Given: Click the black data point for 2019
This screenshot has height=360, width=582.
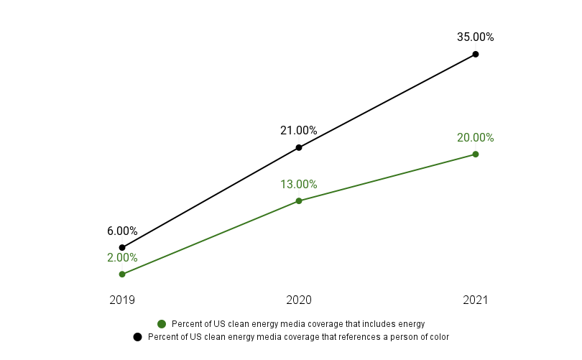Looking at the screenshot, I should [x=122, y=247].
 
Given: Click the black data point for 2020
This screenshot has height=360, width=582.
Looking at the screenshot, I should [x=299, y=147].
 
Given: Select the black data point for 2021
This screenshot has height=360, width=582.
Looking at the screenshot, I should [x=476, y=54].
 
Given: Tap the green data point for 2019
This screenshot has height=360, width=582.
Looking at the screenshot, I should [x=122, y=274].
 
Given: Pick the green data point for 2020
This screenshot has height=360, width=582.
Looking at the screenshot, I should [x=299, y=200].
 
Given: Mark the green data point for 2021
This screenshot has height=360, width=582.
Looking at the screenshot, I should [x=476, y=154].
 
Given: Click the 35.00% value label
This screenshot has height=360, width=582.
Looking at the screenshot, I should [x=475, y=37].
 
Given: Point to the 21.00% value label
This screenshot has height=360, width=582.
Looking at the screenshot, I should [x=298, y=131].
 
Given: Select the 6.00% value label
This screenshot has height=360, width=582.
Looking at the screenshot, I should [x=122, y=231].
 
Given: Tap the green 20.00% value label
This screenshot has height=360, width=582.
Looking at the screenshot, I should [x=475, y=138].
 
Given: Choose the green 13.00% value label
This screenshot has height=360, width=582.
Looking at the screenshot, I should [x=298, y=185].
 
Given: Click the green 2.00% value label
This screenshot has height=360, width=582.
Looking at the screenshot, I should [x=122, y=258].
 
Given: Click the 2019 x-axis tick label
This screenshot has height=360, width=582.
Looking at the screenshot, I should [x=122, y=300].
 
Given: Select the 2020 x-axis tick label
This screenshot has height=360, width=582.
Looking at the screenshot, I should [x=299, y=300].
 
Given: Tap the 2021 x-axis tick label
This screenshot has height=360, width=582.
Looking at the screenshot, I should [x=476, y=300].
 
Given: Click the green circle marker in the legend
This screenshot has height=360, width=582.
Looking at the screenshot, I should [x=162, y=324].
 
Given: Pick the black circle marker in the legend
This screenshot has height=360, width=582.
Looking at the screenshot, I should [x=137, y=336].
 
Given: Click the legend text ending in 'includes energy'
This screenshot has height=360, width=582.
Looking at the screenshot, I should [x=298, y=324].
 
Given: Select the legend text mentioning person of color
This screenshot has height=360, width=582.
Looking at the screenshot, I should [x=298, y=336].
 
